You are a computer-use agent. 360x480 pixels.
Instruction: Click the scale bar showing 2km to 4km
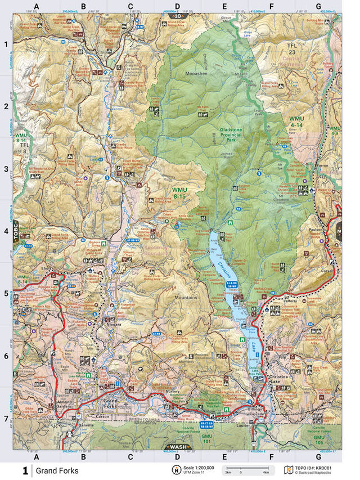click(x=242, y=472)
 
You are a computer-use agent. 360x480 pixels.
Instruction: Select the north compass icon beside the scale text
click(x=176, y=469)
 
